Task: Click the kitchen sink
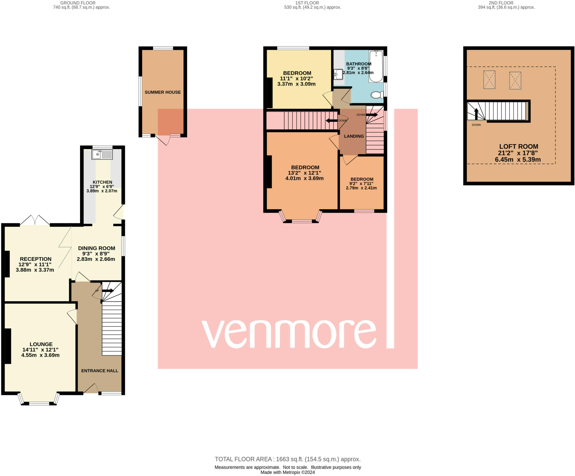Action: click(102, 154)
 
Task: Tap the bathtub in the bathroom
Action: click(376, 66)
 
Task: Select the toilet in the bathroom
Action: click(377, 95)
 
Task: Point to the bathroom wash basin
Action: click(339, 74)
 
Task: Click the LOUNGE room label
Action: click(41, 344)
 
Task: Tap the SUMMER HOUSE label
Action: click(163, 92)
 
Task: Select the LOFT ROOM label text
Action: click(519, 146)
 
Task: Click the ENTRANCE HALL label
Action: click(100, 371)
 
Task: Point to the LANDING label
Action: click(354, 136)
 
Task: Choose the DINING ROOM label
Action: click(97, 248)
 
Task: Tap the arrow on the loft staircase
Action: click(476, 114)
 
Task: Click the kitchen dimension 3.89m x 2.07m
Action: click(102, 191)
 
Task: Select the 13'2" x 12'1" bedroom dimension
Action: click(304, 173)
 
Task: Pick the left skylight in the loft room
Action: click(489, 80)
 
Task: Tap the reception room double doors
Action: click(35, 220)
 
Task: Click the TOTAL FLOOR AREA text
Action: click(288, 459)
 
